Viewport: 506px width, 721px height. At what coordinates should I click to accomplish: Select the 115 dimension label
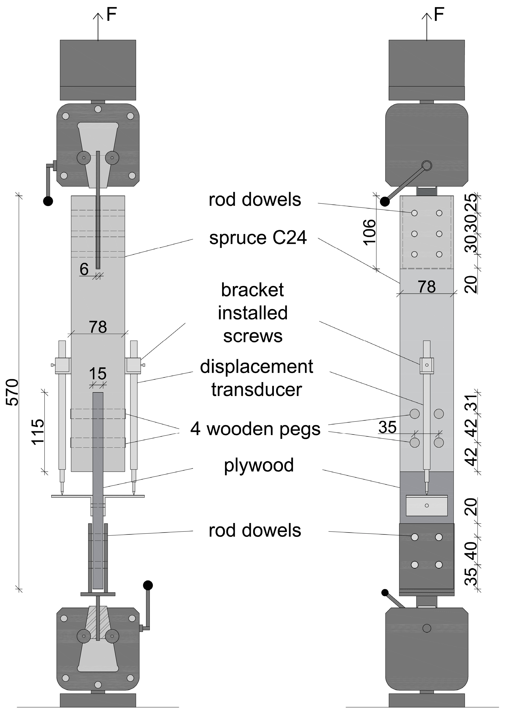tap(38, 432)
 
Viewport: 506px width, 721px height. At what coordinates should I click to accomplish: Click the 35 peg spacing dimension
tap(387, 427)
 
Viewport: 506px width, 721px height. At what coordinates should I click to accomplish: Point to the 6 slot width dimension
tap(84, 269)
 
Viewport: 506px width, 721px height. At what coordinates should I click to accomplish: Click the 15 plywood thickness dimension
tap(98, 374)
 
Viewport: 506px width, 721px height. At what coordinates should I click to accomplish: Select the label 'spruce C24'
tap(258, 238)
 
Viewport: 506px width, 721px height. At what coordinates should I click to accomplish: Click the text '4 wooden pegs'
tap(255, 429)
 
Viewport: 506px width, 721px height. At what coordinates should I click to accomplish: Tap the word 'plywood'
tap(259, 465)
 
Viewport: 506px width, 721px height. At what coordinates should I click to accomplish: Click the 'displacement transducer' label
tap(257, 378)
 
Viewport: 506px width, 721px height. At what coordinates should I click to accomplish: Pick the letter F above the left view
tap(111, 14)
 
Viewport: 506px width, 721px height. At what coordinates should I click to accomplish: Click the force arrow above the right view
tap(426, 27)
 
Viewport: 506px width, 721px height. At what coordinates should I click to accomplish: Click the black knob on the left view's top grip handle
tap(48, 201)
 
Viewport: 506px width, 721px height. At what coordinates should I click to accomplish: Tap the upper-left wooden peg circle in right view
tap(415, 414)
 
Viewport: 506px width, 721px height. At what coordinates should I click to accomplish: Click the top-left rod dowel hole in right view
tap(414, 213)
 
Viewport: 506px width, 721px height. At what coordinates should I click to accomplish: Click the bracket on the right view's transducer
tap(426, 366)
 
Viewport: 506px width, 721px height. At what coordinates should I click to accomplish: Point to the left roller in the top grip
tap(84, 158)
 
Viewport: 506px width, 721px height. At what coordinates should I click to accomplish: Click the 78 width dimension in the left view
tap(98, 327)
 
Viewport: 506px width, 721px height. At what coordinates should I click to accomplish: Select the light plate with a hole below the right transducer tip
tap(426, 505)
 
